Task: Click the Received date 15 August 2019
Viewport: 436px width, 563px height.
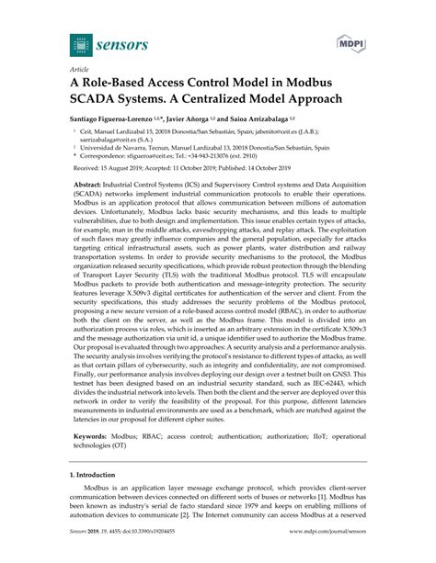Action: point(129,181)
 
